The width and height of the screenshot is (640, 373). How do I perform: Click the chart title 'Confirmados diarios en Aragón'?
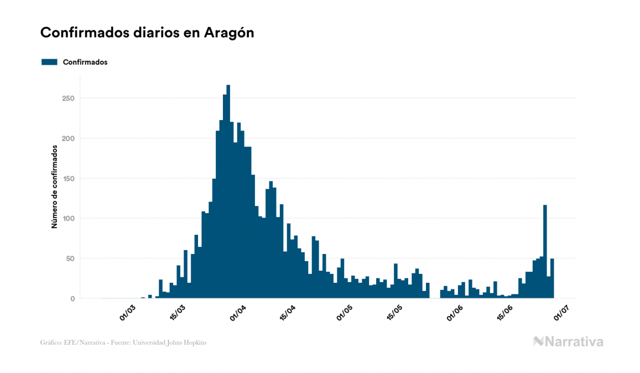point(147,33)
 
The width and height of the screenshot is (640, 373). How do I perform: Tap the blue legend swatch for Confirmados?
point(49,62)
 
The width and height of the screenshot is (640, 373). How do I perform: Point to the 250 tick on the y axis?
point(68,99)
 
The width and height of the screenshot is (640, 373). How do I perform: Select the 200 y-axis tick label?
point(68,138)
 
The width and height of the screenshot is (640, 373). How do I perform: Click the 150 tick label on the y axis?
point(68,178)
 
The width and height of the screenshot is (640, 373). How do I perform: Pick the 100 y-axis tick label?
point(68,219)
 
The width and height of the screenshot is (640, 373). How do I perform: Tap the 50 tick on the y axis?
point(70,258)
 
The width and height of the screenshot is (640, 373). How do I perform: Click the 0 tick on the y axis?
point(72,299)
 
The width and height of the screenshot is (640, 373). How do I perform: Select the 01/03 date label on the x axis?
point(127,312)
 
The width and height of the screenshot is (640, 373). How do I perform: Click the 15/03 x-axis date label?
point(178,312)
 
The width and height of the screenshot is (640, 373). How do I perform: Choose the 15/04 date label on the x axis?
point(288,312)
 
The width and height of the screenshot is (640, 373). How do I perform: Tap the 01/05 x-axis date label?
point(345,312)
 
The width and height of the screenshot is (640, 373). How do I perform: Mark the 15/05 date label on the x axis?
point(395,312)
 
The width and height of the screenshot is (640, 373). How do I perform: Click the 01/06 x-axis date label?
point(455,312)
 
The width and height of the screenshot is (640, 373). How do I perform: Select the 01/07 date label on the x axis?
point(562,312)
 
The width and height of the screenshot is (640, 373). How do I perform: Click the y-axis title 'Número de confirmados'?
point(55,187)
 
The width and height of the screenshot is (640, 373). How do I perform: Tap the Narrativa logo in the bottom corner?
point(568,341)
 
